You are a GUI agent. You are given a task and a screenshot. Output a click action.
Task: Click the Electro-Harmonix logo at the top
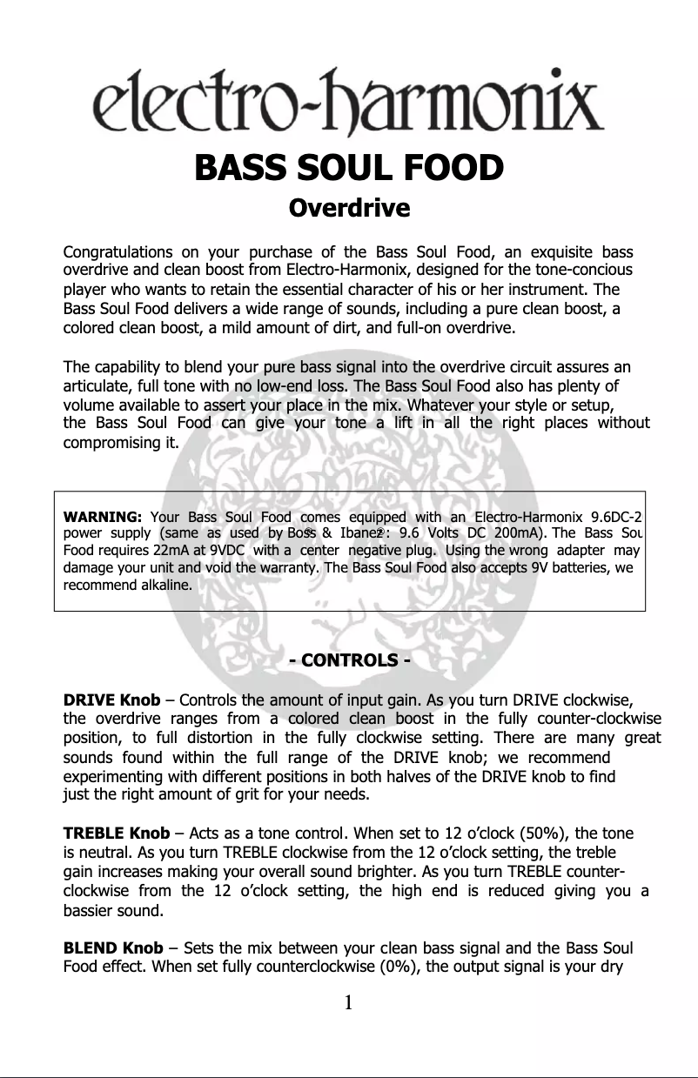pyautogui.click(x=348, y=108)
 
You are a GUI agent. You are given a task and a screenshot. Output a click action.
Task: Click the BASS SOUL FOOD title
pyautogui.click(x=348, y=168)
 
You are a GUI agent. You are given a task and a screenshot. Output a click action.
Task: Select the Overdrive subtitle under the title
pyautogui.click(x=348, y=210)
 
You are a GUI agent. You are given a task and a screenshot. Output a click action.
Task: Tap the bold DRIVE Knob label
pyautogui.click(x=111, y=700)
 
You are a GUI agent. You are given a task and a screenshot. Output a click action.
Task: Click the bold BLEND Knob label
pyautogui.click(x=113, y=947)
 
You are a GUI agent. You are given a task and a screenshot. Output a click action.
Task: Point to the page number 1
pyautogui.click(x=348, y=1004)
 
